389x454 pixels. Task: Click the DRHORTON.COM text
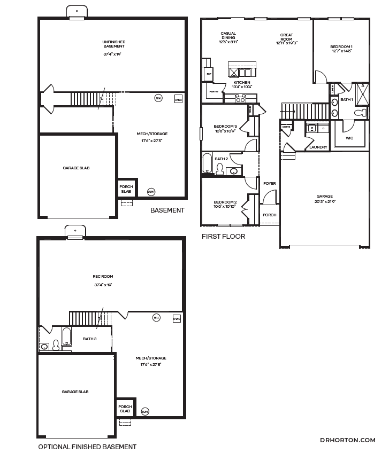tap(347, 440)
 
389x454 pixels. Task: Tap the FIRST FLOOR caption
tap(223, 236)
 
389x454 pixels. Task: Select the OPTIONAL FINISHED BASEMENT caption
tap(87, 447)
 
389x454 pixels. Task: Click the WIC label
tap(349, 138)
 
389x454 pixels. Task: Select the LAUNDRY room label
tap(318, 147)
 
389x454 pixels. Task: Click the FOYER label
tap(269, 183)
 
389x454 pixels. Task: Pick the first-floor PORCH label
tap(269, 215)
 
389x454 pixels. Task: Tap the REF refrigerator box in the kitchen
tap(209, 73)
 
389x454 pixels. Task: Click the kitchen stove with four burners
tap(240, 98)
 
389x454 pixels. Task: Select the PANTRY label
tap(213, 91)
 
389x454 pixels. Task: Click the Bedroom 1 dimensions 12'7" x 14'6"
tap(341, 51)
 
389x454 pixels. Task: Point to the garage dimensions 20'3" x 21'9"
tap(324, 202)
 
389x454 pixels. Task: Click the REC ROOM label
tap(103, 277)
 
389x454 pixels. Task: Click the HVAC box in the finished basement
tap(176, 318)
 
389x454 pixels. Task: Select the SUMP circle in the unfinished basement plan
tap(151, 191)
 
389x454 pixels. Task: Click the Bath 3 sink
tap(44, 346)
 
